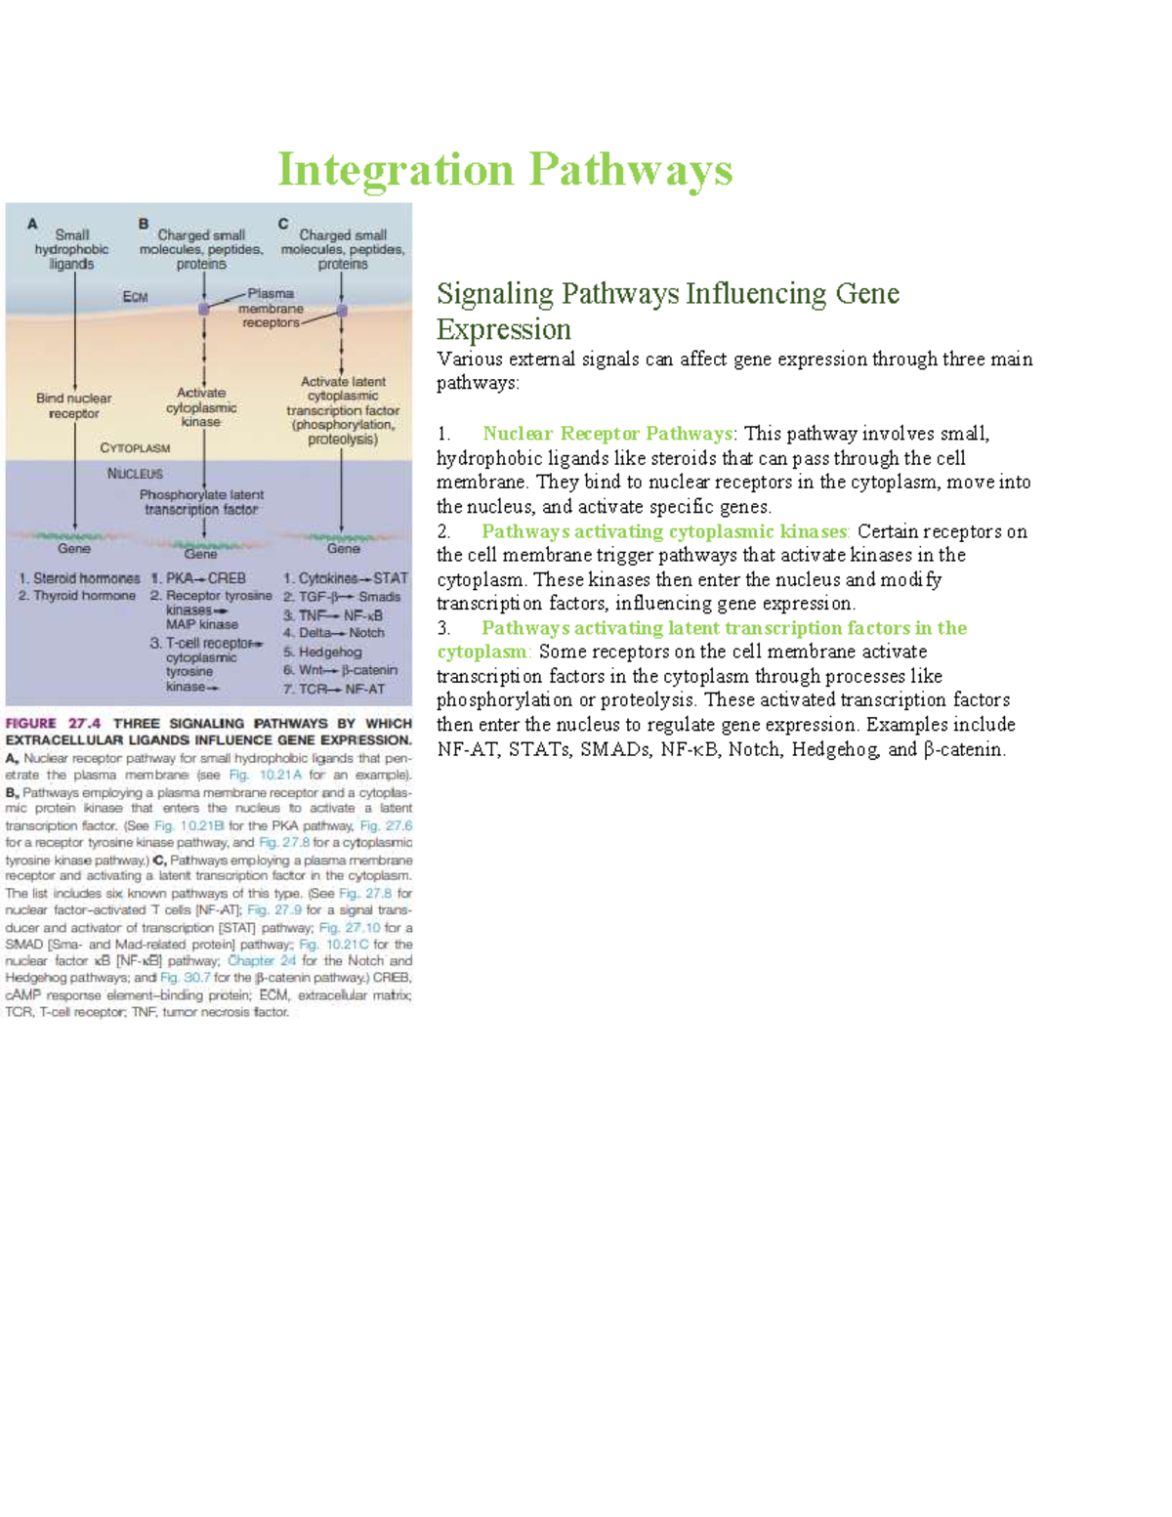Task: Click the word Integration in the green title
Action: coord(396,170)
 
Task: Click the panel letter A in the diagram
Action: coord(32,224)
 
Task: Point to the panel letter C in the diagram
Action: coord(283,224)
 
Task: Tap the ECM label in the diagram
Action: coord(135,297)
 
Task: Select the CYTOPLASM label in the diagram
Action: coord(135,448)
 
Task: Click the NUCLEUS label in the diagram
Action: coord(135,474)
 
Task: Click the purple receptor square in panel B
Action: coord(204,309)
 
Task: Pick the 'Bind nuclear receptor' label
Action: coord(73,405)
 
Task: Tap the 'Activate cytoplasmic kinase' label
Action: coord(201,406)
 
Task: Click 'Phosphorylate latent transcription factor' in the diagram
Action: coord(201,502)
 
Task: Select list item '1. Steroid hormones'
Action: coord(79,578)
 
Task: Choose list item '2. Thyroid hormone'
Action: coord(77,596)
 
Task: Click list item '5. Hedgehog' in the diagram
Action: coord(323,652)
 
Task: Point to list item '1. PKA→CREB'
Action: coord(198,578)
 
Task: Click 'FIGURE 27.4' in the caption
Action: coord(54,723)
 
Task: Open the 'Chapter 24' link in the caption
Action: coord(261,961)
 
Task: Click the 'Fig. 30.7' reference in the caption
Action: coord(186,978)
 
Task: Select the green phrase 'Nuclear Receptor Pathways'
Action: coord(607,434)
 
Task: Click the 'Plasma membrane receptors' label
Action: coord(271,308)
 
